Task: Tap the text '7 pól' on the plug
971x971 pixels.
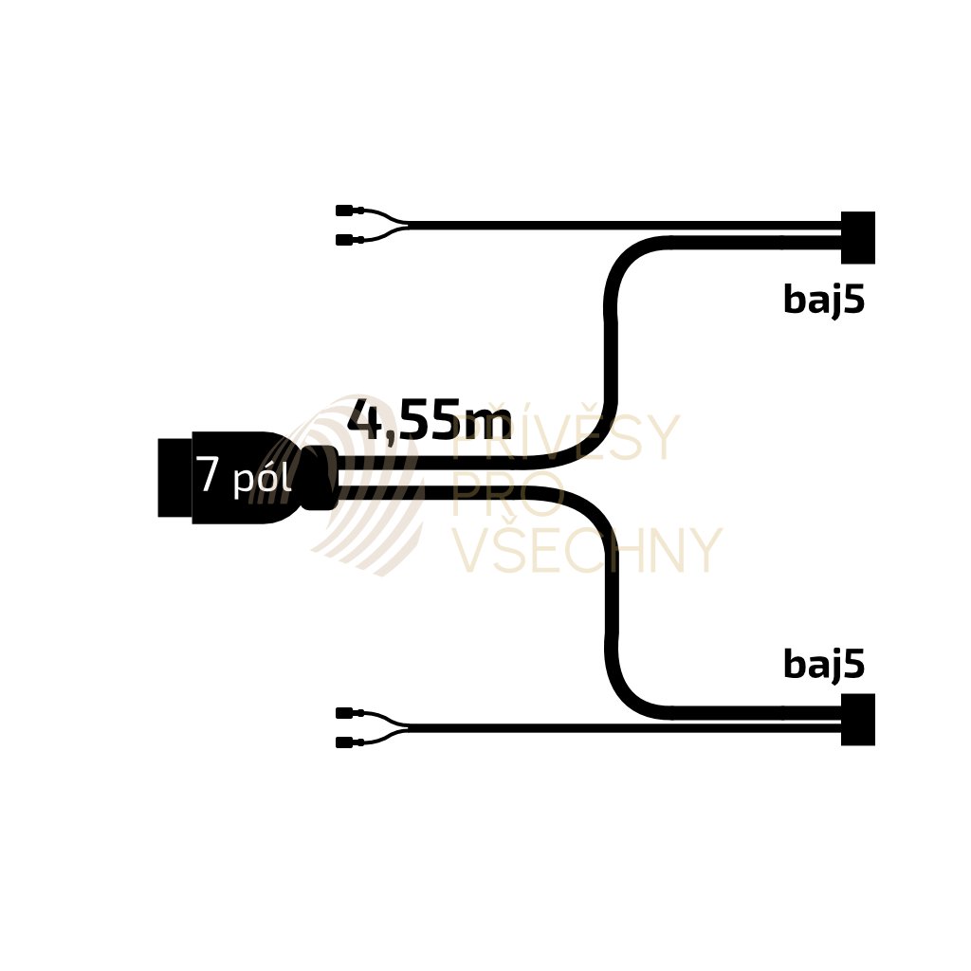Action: pos(243,476)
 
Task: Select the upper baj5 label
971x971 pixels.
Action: pos(823,300)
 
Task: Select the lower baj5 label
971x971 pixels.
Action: pos(823,665)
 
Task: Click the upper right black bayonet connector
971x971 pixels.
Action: pos(857,237)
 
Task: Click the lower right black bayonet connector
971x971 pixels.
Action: pos(857,720)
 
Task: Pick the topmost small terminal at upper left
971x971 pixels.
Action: pos(344,211)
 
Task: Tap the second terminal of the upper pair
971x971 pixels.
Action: pos(344,240)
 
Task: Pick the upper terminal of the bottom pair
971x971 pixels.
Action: pos(344,712)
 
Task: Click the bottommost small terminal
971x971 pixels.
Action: pos(344,742)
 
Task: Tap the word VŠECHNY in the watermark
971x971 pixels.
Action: pos(586,551)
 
